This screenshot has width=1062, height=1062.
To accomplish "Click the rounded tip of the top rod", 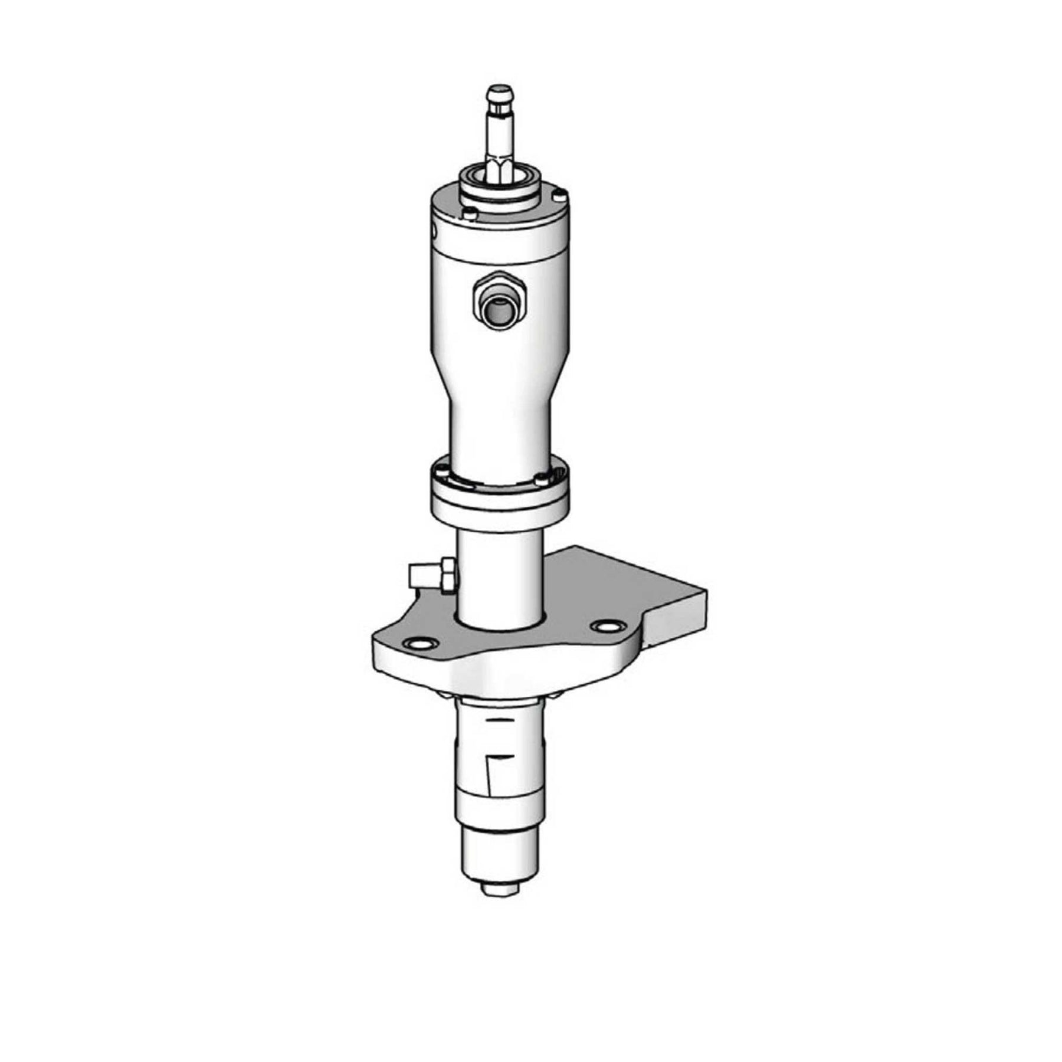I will (499, 92).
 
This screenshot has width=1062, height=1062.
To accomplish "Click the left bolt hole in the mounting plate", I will (419, 644).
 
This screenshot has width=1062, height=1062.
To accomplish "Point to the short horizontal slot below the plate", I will (499, 720).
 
